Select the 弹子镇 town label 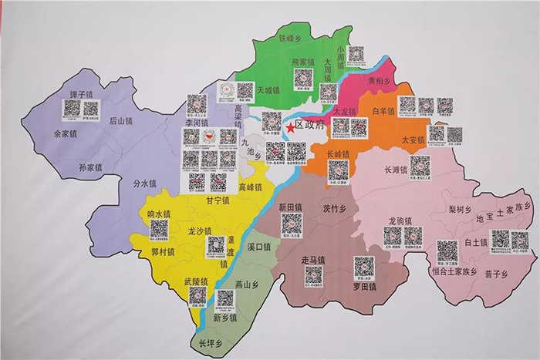pyautogui.click(x=80, y=94)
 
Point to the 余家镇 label pyautogui.click(x=66, y=133)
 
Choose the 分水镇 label pyautogui.click(x=143, y=183)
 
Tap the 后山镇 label pyautogui.click(x=121, y=120)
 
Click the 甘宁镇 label pyautogui.click(x=218, y=200)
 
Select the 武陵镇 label pyautogui.click(x=196, y=281)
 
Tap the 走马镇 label pyautogui.click(x=312, y=261)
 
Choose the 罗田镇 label pyautogui.click(x=364, y=287)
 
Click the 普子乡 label pyautogui.click(x=494, y=274)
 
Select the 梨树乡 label pyautogui.click(x=459, y=209)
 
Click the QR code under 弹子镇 pyautogui.click(x=72, y=109)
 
